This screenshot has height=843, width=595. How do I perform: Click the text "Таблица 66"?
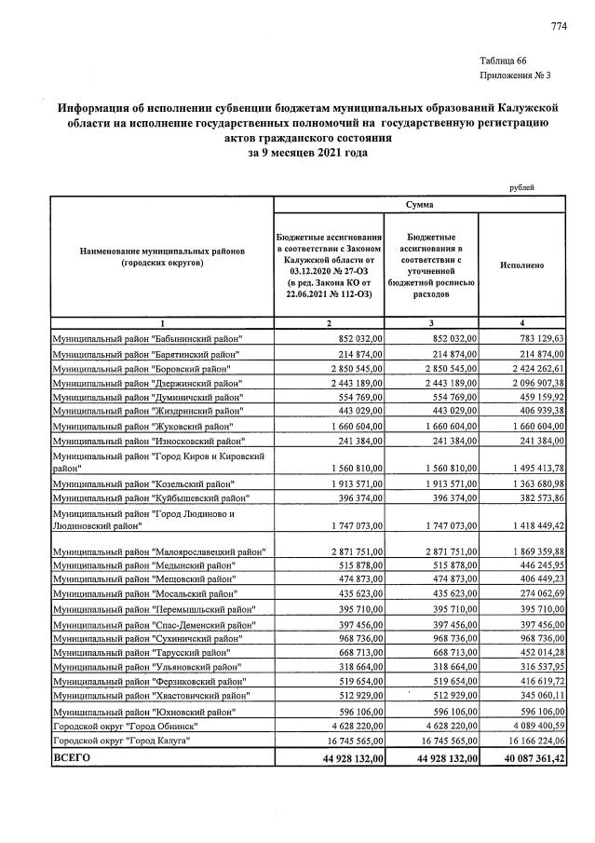[504, 60]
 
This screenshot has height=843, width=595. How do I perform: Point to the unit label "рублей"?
[522, 187]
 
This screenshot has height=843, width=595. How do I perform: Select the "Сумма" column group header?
[419, 203]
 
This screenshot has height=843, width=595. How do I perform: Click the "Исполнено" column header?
[521, 265]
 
